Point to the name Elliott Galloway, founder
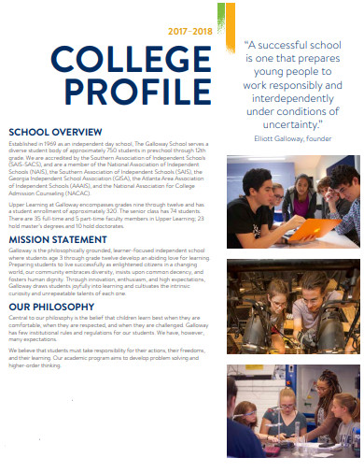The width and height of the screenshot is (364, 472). point(292,139)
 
